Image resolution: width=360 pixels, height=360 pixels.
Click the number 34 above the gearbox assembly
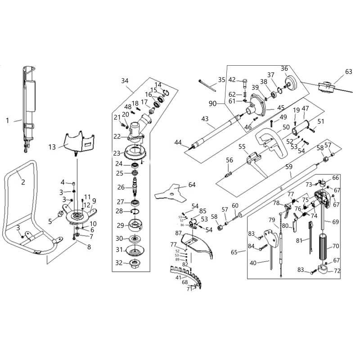pos(125,81)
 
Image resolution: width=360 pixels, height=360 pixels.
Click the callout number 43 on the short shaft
pos(205,119)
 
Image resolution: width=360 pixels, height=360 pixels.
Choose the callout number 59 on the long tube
pos(289,166)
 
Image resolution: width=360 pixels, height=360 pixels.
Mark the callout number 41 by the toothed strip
pos(166,278)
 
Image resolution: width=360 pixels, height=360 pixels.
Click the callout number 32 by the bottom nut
pos(119,263)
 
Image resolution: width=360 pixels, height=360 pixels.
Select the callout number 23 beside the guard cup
pos(117,153)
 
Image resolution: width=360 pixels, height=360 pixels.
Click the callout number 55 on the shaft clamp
pos(242,147)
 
